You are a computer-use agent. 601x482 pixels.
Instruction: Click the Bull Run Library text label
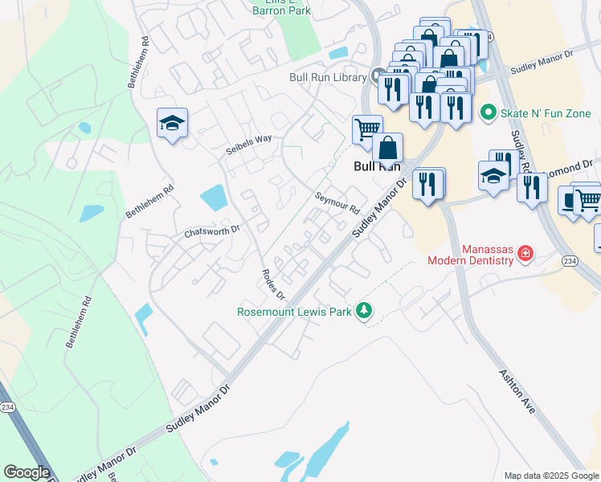(x=328, y=77)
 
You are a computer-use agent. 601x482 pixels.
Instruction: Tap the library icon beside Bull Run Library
(x=376, y=77)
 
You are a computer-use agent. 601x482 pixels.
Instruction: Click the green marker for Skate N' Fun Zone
(x=486, y=112)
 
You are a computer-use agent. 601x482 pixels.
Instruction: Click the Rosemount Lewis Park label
(x=294, y=312)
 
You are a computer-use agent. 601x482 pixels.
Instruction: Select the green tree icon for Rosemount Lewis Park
(x=364, y=311)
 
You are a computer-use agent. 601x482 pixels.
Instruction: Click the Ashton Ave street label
(x=517, y=391)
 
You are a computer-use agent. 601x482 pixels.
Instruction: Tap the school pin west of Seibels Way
(x=172, y=124)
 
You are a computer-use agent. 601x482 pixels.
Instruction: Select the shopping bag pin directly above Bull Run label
(x=387, y=149)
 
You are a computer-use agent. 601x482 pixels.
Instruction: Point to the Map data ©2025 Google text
(x=550, y=476)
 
